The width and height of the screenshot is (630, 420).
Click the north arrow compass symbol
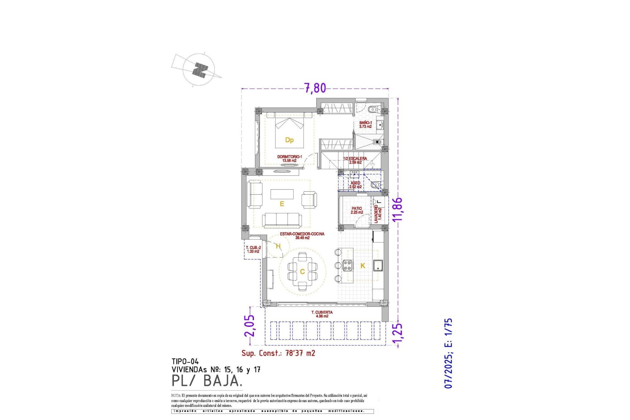(199, 70)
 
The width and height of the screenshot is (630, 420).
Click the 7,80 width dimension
(315, 88)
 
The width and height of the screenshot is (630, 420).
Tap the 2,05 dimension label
(250, 325)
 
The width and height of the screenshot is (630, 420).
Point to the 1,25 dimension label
(397, 335)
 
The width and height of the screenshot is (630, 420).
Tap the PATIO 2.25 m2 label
(357, 210)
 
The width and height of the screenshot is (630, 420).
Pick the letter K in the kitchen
(363, 266)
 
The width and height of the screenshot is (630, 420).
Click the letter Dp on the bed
(289, 140)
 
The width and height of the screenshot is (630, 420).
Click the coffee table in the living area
(282, 194)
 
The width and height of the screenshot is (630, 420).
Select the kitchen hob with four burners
(348, 265)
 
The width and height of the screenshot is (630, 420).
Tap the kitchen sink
(378, 265)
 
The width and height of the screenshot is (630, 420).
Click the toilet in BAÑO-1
(372, 109)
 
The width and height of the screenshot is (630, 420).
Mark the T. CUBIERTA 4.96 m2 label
(322, 314)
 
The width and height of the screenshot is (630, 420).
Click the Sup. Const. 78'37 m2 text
(278, 353)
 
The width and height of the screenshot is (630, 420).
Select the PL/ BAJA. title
(207, 381)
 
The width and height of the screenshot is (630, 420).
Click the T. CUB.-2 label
(253, 249)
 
